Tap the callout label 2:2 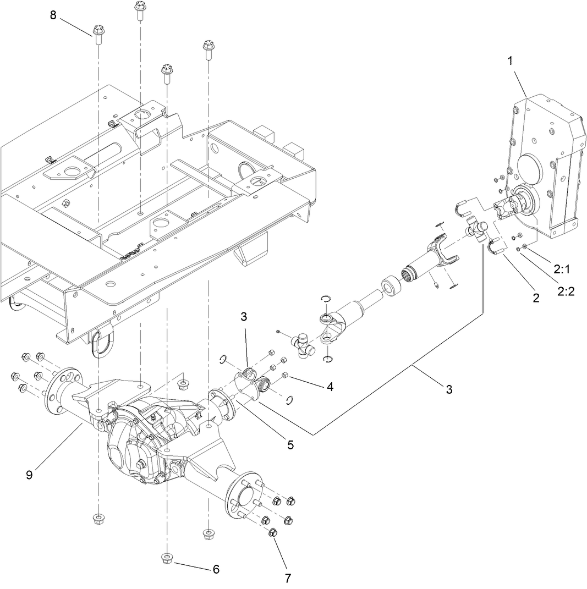click(x=566, y=291)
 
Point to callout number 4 click(x=330, y=387)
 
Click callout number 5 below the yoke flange click(x=290, y=444)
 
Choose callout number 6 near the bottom click(x=216, y=569)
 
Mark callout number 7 click(x=288, y=577)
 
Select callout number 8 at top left click(x=53, y=15)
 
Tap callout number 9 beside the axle click(x=29, y=474)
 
